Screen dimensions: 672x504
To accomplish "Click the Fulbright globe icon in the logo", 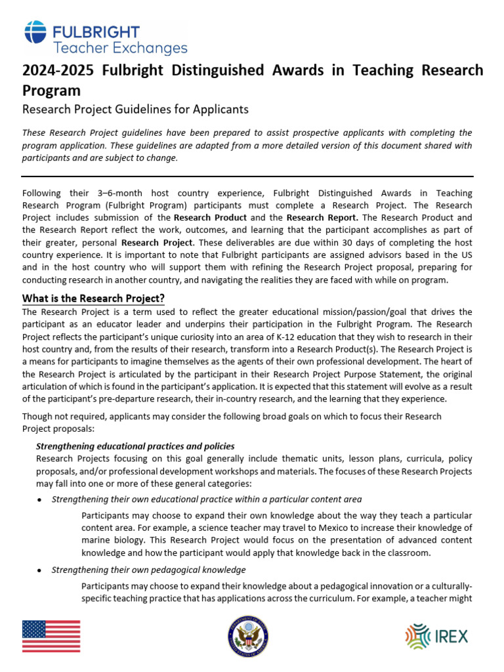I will (x=35, y=33).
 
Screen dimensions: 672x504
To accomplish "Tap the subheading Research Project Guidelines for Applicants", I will (x=135, y=109).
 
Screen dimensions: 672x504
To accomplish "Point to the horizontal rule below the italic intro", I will (x=247, y=176).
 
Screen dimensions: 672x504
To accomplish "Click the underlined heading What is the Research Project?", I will (x=93, y=298).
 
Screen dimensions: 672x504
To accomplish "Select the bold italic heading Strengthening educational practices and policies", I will (x=135, y=446).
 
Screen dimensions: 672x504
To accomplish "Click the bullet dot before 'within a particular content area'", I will (x=41, y=500).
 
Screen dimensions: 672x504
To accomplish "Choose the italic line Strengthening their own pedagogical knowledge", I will (x=148, y=570).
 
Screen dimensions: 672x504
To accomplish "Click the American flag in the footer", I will (x=51, y=636).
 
